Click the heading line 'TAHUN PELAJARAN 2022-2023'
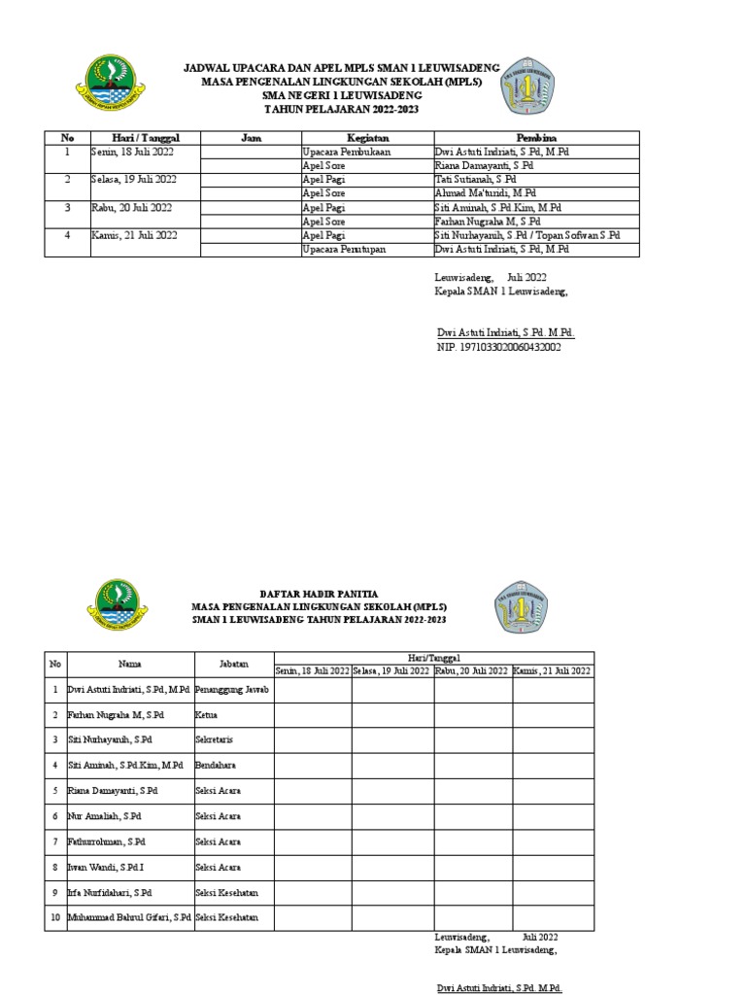[342, 110]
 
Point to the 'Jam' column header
[250, 139]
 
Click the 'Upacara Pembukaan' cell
[340, 153]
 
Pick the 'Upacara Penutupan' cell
[341, 250]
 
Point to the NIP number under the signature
[498, 346]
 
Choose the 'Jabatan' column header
[233, 664]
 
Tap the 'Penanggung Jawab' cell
[232, 690]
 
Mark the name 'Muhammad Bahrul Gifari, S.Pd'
[128, 917]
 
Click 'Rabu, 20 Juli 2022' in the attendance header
[472, 670]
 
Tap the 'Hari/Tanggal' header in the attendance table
[433, 658]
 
